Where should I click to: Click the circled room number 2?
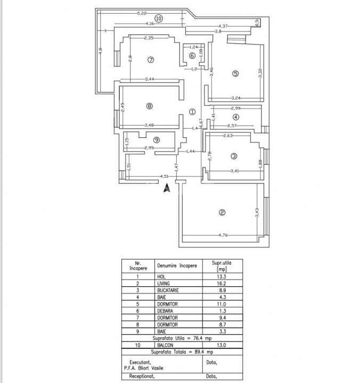[222, 213]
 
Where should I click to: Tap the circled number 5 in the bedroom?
[235, 74]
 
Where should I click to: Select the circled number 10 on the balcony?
[158, 18]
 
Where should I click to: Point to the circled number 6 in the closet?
[192, 56]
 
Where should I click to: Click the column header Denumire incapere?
[177, 265]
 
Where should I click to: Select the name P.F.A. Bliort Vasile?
[148, 366]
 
